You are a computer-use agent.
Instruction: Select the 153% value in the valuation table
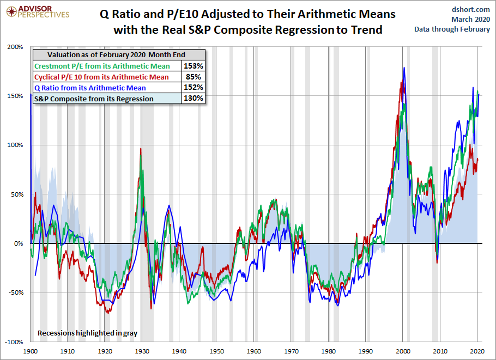click(x=194, y=66)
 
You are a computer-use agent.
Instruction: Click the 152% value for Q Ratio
click(x=194, y=88)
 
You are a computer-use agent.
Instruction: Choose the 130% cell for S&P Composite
click(x=194, y=99)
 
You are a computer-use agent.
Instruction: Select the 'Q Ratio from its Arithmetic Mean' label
click(x=90, y=88)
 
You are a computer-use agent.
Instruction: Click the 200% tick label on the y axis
click(x=15, y=47)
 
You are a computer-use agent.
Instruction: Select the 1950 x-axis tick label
click(x=216, y=351)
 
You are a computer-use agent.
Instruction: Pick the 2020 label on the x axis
click(x=477, y=351)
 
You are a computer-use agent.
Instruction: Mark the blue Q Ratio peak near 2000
click(x=404, y=68)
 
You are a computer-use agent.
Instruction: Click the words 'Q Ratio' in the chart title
click(x=120, y=14)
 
